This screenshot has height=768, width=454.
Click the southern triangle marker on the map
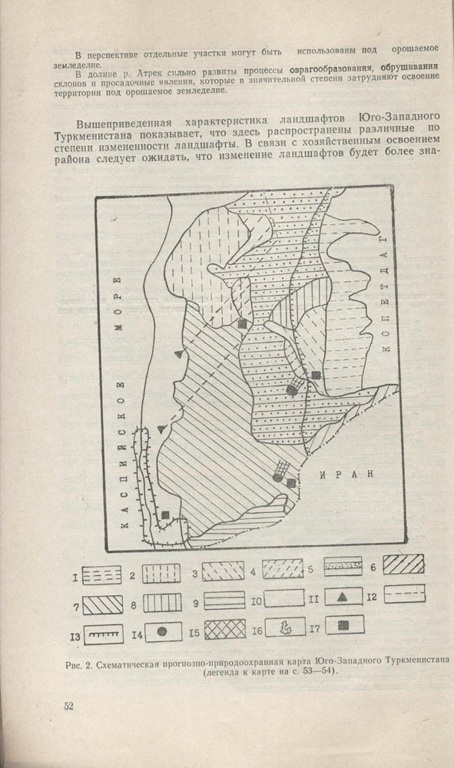[x=161, y=427]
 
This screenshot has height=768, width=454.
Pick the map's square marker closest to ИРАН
[x=291, y=483]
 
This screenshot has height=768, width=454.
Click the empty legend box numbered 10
[x=287, y=598]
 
